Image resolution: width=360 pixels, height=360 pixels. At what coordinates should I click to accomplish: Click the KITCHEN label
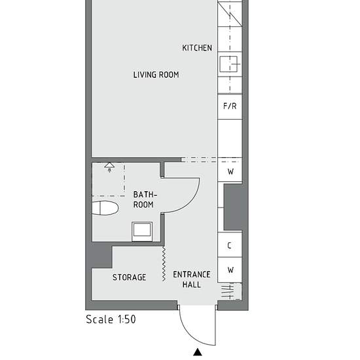[197, 48]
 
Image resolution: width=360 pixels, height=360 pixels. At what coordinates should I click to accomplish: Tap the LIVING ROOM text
[156, 75]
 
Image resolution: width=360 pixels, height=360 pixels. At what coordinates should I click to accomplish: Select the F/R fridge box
[230, 107]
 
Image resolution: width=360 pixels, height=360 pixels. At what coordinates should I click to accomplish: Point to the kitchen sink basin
[228, 64]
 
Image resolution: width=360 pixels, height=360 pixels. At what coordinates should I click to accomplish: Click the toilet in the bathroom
[105, 207]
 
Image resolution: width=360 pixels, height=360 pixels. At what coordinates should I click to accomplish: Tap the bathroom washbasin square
[142, 232]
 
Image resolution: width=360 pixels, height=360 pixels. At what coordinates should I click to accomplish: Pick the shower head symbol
[109, 167]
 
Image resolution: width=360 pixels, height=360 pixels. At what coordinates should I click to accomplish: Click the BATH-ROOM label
[145, 200]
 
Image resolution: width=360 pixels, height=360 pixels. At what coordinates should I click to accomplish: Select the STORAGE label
[129, 278]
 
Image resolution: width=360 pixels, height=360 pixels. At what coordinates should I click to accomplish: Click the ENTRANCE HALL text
[192, 279]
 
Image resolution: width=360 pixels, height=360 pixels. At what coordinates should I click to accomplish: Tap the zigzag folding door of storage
[164, 264]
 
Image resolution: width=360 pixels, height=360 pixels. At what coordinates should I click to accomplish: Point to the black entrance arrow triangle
[198, 352]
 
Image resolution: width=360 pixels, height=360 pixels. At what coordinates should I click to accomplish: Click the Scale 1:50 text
[111, 319]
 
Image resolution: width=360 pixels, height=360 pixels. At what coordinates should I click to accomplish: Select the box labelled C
[230, 245]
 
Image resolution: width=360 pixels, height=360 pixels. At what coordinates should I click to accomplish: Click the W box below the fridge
[230, 171]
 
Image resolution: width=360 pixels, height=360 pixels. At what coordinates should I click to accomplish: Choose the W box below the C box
[230, 270]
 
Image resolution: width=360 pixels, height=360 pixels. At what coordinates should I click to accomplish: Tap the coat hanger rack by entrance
[228, 291]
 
